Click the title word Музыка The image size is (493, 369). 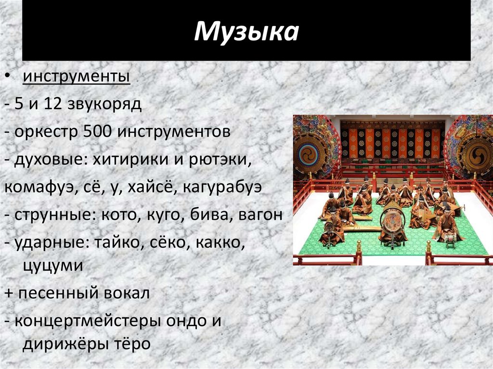(246, 31)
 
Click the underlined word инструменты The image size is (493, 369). (77, 76)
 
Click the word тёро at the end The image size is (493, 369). (133, 344)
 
